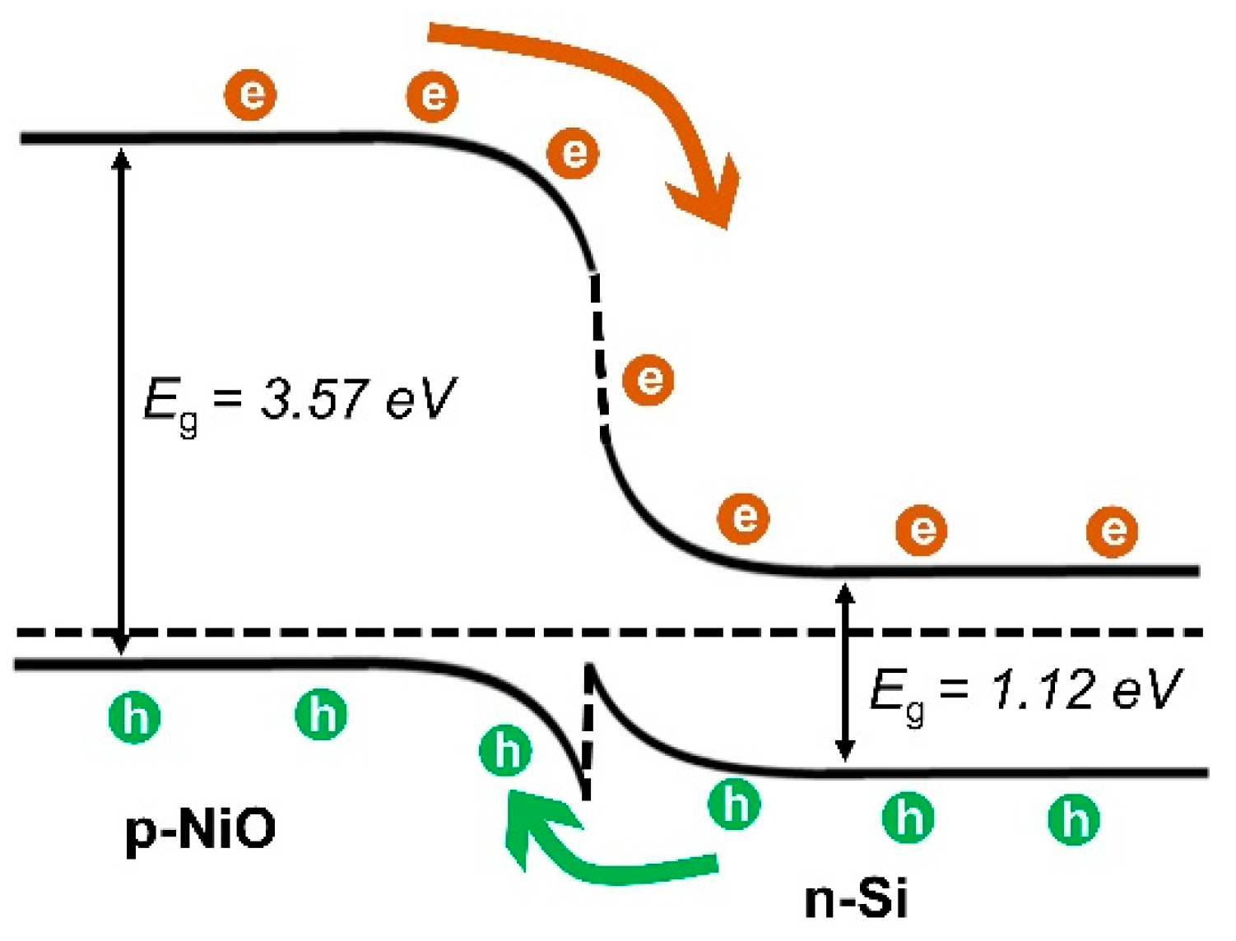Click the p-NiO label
[x=200, y=829]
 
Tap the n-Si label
[x=856, y=899]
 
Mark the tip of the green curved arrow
[x=513, y=795]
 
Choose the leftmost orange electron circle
[x=250, y=95]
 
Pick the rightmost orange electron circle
[x=1112, y=531]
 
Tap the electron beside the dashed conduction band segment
[x=648, y=379]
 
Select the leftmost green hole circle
[x=135, y=717]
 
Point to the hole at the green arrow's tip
[x=505, y=749]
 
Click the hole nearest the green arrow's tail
[x=734, y=804]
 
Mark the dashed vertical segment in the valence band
[x=587, y=732]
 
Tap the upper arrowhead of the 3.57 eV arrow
[x=121, y=156]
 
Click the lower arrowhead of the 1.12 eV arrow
[x=844, y=753]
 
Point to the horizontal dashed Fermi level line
[x=329, y=632]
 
